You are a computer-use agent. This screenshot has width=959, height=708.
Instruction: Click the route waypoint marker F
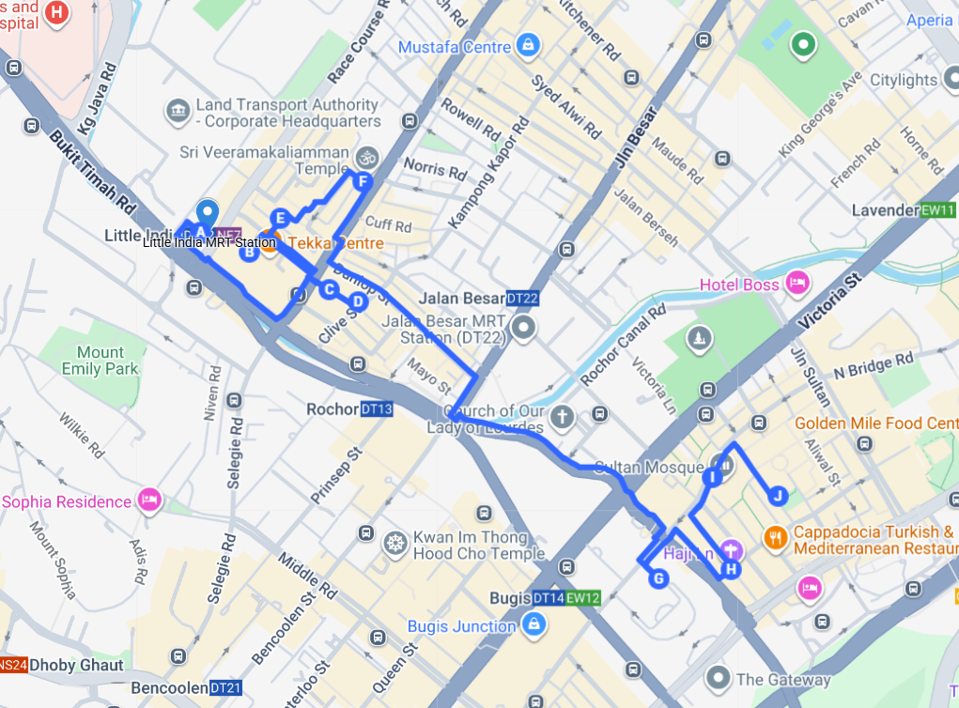[x=363, y=183]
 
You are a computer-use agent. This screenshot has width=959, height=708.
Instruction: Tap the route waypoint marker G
[x=658, y=578]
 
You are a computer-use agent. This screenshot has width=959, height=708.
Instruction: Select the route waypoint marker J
[x=777, y=495]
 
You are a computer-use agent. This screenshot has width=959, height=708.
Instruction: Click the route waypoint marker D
[x=358, y=301]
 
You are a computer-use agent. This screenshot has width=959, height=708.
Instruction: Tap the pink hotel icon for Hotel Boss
[x=797, y=283]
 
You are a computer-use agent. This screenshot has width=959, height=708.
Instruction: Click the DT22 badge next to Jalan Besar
[x=522, y=299]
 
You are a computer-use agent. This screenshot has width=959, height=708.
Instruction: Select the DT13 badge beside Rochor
[x=376, y=409]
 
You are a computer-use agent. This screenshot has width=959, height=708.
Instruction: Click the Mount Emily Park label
[x=101, y=361]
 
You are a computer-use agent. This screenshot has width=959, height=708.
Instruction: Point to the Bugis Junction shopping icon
[x=533, y=624]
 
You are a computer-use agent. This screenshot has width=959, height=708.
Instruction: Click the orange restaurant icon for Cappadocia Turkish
[x=775, y=537]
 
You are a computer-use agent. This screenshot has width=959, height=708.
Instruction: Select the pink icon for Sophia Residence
[x=148, y=500]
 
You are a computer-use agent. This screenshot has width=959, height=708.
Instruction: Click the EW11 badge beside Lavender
[x=937, y=210]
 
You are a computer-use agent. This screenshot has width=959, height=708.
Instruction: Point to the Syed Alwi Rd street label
[x=565, y=106]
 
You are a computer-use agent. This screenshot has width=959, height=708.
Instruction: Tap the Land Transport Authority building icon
[x=177, y=112]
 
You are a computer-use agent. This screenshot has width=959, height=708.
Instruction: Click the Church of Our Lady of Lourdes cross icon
[x=562, y=416]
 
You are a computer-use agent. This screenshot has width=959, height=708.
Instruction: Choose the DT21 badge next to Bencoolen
[x=226, y=688]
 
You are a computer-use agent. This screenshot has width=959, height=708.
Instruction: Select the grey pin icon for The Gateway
[x=719, y=677]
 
